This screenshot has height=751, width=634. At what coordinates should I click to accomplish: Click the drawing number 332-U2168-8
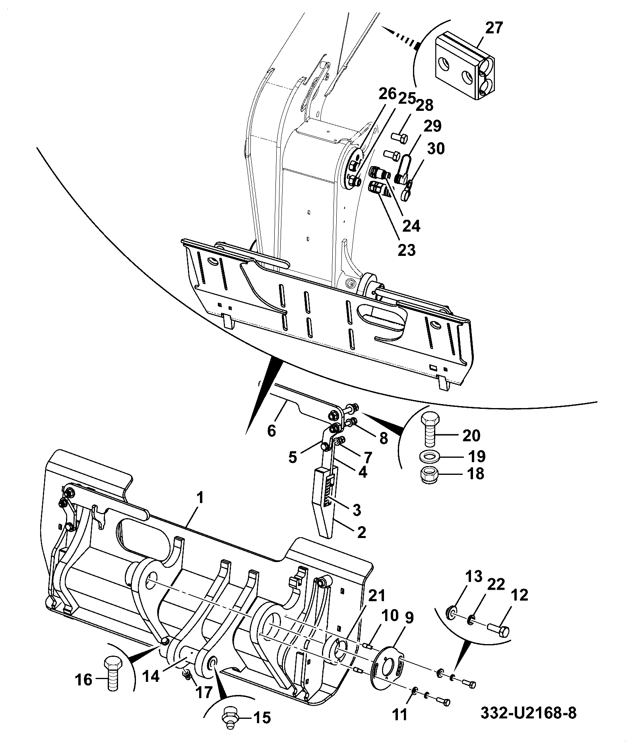tap(528, 712)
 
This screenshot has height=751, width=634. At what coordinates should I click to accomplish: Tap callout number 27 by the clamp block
tap(494, 29)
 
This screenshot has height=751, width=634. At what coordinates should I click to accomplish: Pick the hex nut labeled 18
tap(428, 474)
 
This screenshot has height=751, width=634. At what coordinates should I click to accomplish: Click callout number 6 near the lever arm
tap(271, 430)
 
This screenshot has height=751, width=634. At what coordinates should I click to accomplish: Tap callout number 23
tap(407, 250)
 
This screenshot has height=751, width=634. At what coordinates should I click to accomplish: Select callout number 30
tap(436, 149)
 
